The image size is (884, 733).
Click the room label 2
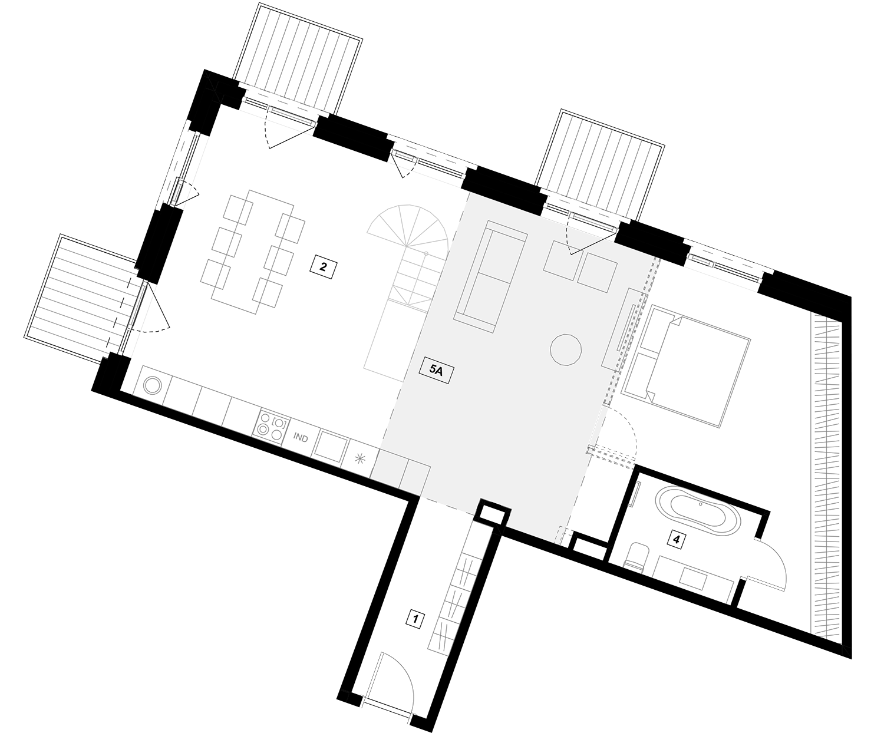[x=323, y=267]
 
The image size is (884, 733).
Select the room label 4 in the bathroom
[x=676, y=540]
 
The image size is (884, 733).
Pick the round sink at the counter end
[x=153, y=385]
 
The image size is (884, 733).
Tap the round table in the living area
[x=566, y=349]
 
